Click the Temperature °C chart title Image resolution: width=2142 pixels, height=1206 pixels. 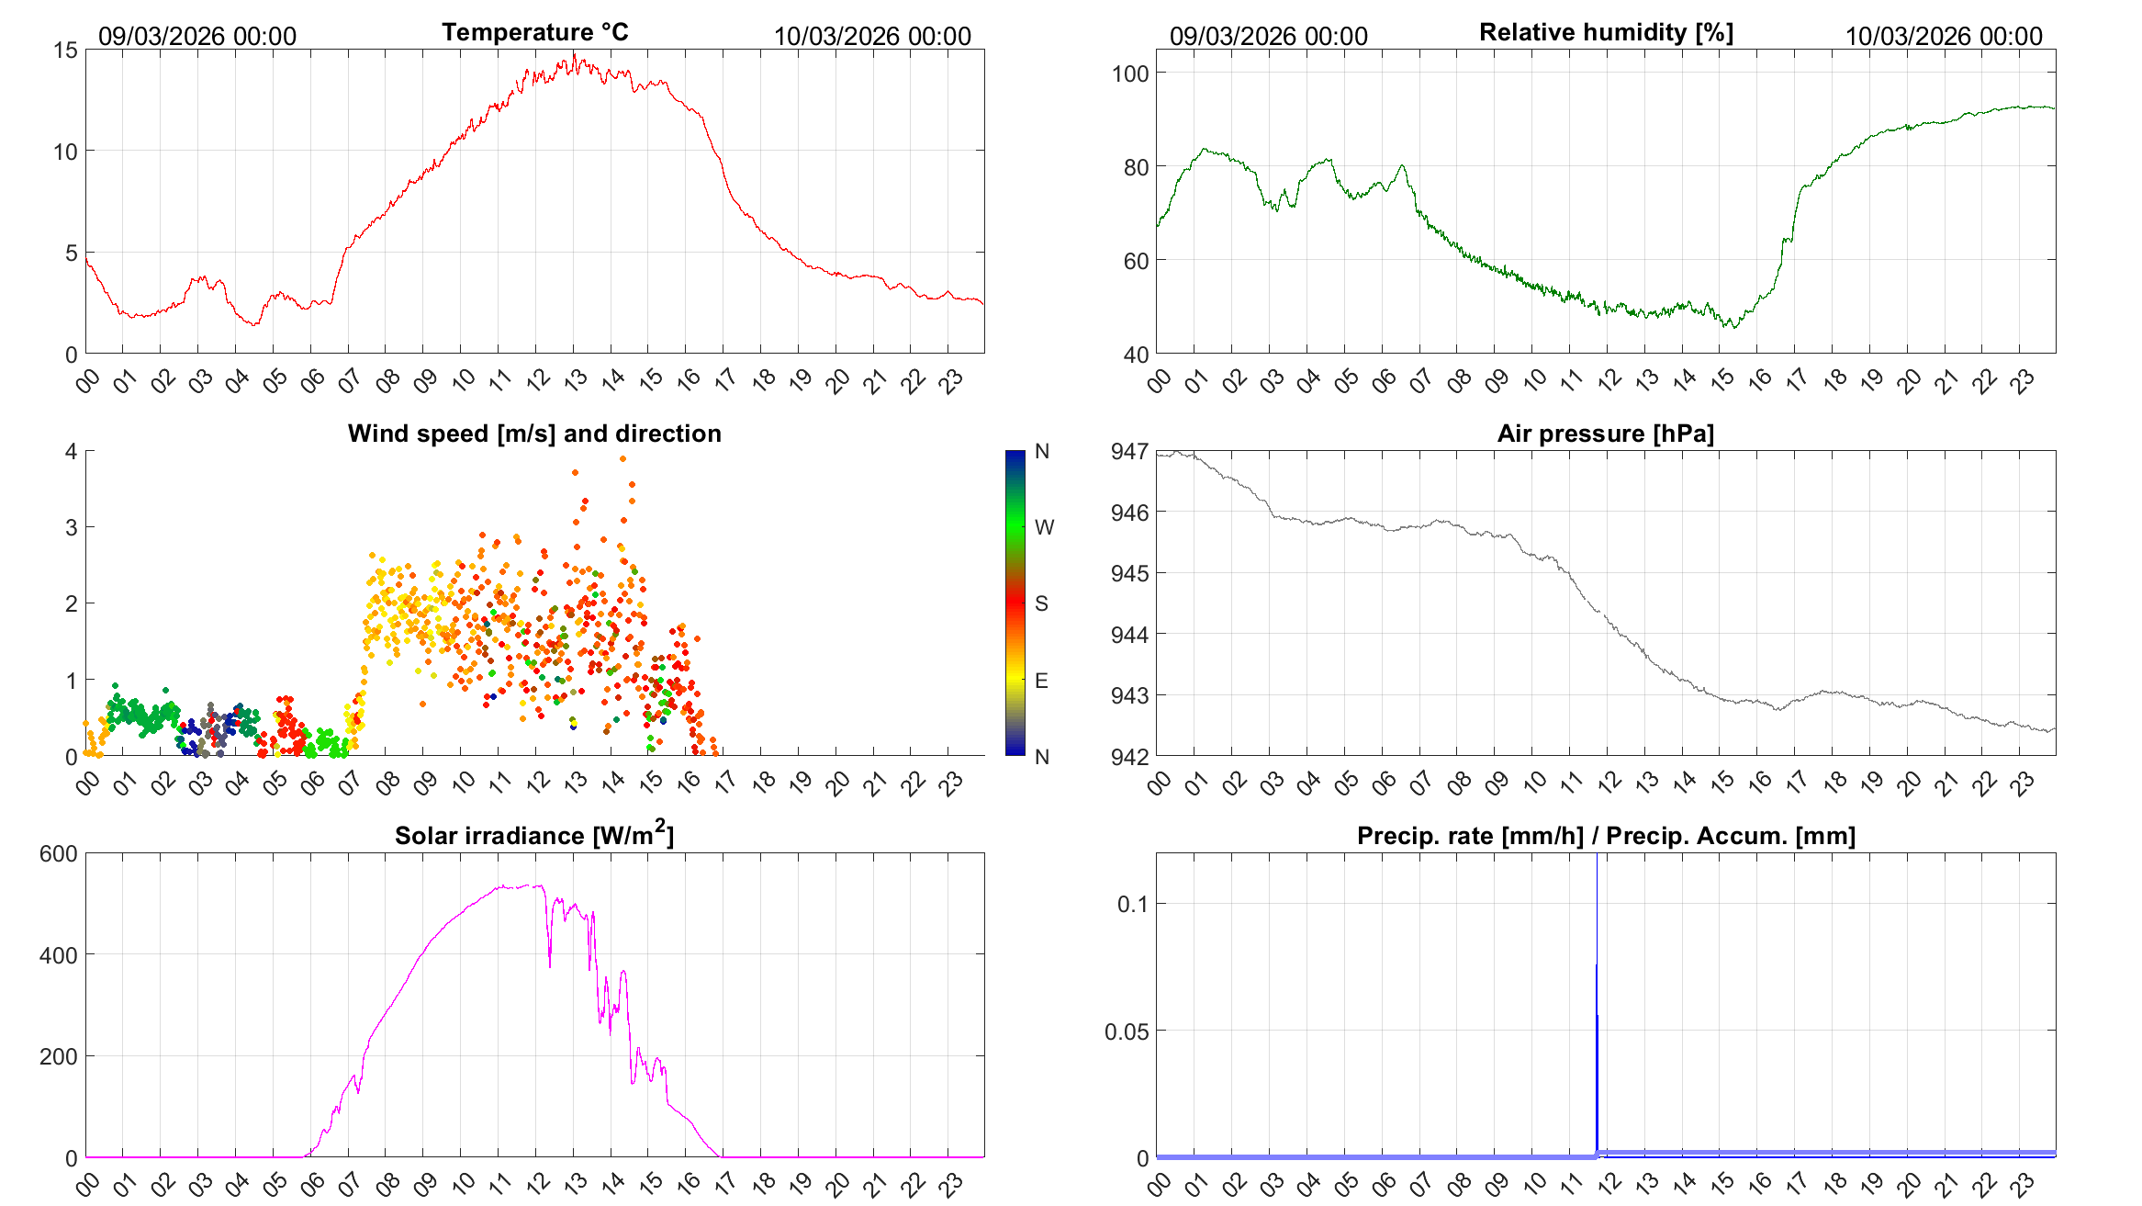click(534, 32)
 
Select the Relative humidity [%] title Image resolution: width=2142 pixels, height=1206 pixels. click(1606, 32)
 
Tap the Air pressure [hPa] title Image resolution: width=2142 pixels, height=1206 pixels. click(1605, 434)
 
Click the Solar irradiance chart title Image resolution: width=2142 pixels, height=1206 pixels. click(534, 835)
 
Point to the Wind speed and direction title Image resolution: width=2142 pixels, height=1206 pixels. click(534, 434)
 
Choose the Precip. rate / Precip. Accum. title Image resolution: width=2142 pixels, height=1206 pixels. click(1606, 836)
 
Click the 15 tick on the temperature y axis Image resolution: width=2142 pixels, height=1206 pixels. click(66, 51)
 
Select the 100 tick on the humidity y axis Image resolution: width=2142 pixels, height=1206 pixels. click(1130, 73)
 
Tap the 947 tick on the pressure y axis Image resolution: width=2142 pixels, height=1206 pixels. click(1130, 451)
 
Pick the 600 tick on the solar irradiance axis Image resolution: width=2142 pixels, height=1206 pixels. click(59, 853)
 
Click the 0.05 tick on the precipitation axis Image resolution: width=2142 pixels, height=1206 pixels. click(1126, 1031)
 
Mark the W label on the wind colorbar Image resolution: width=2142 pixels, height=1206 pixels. click(1044, 527)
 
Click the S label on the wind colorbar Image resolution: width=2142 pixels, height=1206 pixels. click(1041, 603)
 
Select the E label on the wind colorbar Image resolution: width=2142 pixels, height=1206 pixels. click(1041, 681)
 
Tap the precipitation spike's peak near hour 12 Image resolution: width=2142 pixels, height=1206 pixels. click(1597, 964)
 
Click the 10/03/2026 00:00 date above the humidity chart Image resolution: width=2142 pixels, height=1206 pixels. click(1944, 37)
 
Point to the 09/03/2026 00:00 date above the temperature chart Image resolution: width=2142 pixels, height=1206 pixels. click(197, 37)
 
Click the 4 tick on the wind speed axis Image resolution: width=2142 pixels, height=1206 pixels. click(72, 451)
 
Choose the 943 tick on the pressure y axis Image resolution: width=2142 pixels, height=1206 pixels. click(1130, 695)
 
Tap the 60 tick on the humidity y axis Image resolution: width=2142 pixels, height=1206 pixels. click(1136, 261)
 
